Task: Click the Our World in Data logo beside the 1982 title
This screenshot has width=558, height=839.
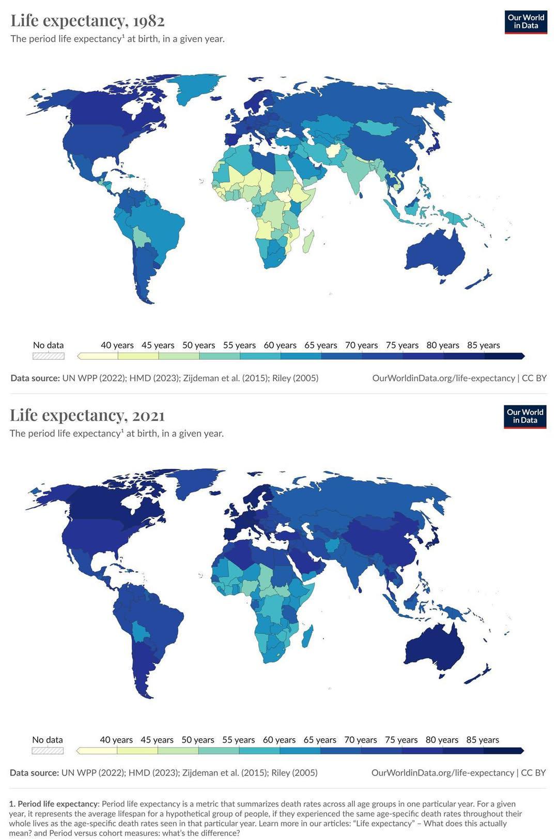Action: click(525, 22)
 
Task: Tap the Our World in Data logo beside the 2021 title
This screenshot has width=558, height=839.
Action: click(525, 417)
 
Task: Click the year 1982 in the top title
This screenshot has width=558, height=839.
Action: click(148, 21)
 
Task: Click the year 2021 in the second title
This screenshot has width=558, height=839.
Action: click(148, 416)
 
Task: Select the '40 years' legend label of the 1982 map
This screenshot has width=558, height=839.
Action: click(117, 345)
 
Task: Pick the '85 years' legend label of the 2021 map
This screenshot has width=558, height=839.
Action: click(483, 740)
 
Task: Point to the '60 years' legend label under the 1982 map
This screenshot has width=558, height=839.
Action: click(280, 345)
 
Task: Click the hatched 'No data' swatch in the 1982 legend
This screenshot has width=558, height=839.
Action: click(49, 356)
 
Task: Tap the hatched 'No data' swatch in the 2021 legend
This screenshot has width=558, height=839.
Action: click(48, 751)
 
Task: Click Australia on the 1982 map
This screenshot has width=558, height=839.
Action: click(434, 253)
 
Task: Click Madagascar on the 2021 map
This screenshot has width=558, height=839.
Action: click(306, 636)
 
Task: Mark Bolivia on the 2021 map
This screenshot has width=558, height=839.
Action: click(140, 632)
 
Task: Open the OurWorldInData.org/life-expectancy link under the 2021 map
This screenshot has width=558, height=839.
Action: click(443, 773)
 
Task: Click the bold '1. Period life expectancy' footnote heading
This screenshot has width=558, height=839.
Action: click(53, 804)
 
